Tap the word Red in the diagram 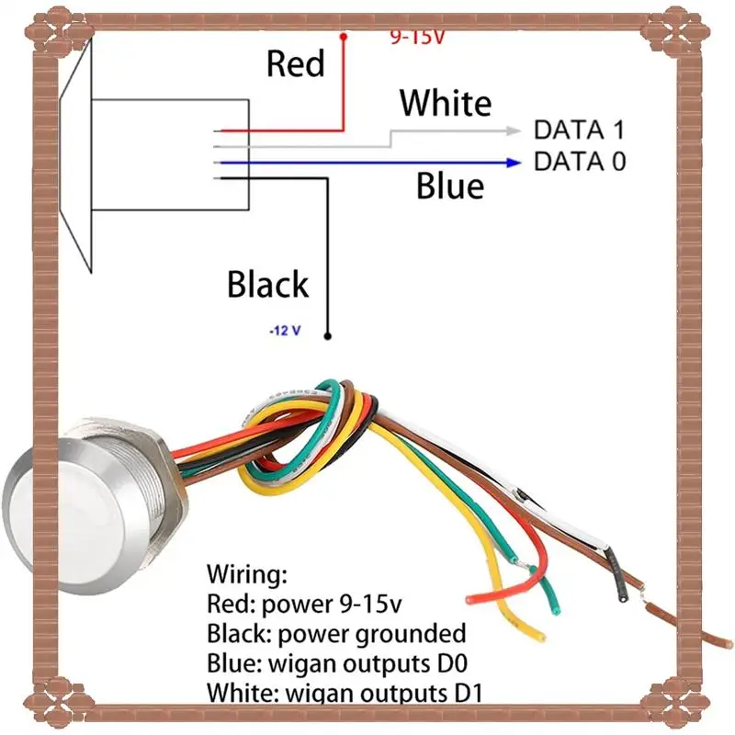(295, 63)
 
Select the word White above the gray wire (445, 102)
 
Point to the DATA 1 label (580, 130)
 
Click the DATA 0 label (580, 162)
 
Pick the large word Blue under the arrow (449, 186)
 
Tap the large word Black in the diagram (267, 284)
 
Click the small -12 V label (285, 331)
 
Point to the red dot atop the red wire (344, 37)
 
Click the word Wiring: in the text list (247, 575)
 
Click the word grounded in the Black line (412, 633)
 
